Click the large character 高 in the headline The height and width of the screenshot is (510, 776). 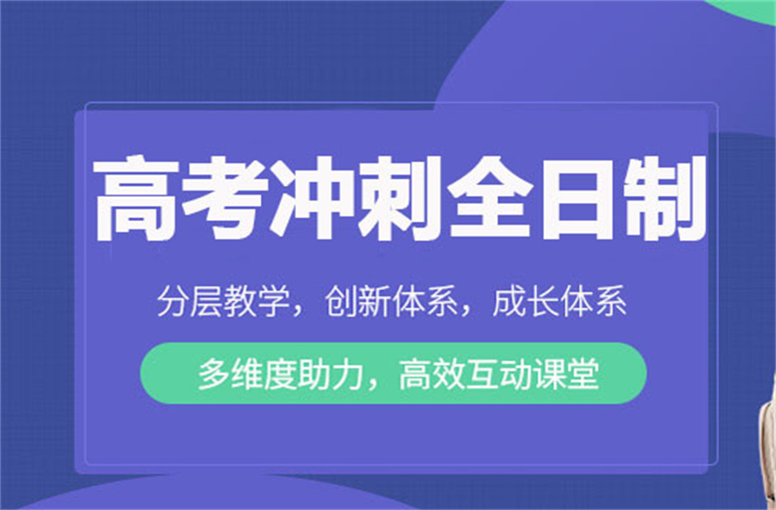135,198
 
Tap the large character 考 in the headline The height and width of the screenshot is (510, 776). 224,198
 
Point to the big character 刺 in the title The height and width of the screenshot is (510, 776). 400,198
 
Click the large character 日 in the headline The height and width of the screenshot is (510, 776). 577,198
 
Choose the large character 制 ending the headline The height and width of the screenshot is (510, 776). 664,198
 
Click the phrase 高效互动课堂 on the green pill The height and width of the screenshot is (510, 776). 499,374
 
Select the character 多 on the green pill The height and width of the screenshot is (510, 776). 214,374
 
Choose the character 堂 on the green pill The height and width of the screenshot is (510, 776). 583,374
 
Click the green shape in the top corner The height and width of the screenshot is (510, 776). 747,7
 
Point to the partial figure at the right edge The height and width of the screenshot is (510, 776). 769,436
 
